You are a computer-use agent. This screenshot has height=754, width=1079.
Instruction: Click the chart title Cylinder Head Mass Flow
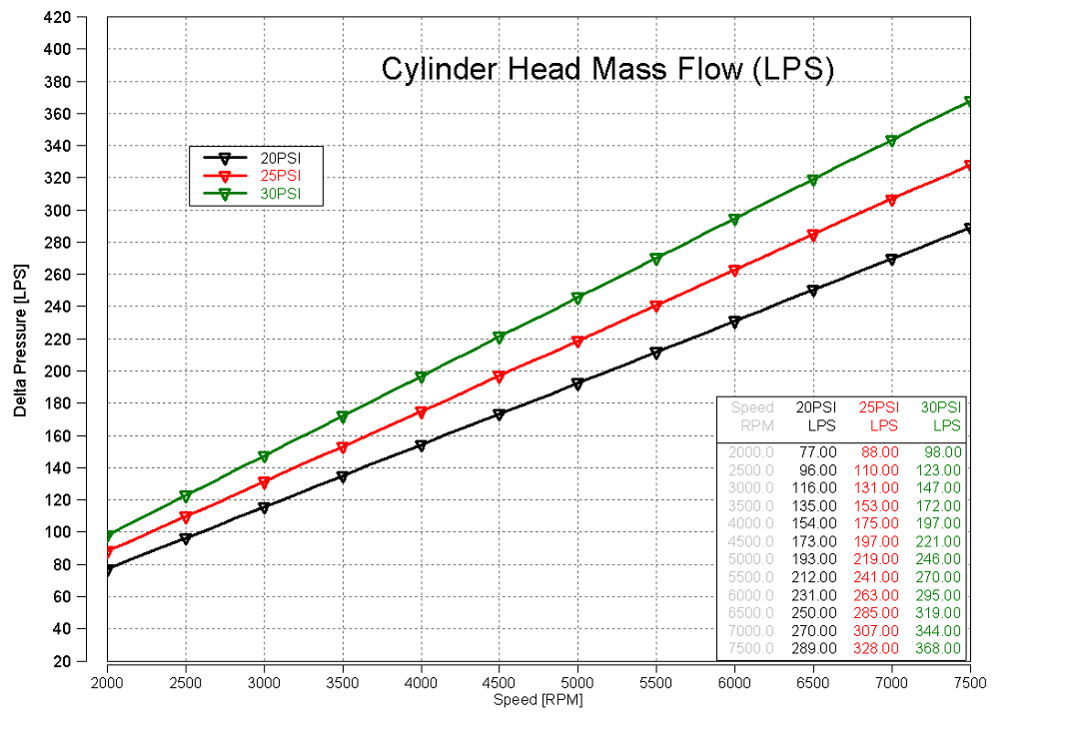point(607,69)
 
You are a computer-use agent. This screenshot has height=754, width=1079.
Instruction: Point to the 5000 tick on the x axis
point(577,682)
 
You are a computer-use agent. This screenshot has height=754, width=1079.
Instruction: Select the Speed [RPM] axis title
point(538,700)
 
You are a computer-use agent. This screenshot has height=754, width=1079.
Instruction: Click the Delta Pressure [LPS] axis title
point(20,340)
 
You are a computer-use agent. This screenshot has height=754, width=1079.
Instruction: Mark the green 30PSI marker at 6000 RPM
point(734,220)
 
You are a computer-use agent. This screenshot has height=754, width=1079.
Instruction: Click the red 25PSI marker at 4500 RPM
point(500,377)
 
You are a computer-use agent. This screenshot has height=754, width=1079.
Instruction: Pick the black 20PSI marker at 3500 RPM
point(343,477)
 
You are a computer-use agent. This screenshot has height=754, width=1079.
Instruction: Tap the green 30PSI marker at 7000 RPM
point(891,142)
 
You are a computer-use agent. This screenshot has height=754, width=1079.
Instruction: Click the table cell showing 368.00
point(939,649)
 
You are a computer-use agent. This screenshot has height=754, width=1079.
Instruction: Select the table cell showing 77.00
point(816,451)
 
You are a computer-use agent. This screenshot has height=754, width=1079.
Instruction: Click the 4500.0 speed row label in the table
point(752,541)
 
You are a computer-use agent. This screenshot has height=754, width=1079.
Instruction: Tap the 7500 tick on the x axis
point(969,682)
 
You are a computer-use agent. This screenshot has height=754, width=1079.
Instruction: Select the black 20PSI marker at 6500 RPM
point(813,291)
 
